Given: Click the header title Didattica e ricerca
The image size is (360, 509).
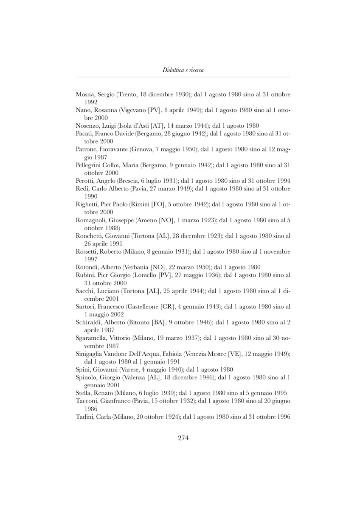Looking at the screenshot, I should [x=183, y=70].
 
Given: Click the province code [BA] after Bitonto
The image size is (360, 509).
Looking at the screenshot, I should [x=158, y=322].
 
